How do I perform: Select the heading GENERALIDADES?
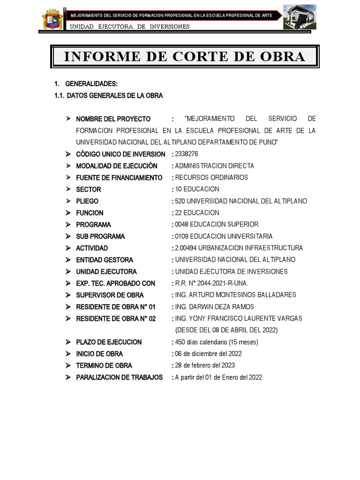(x=91, y=84)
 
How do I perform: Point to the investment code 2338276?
(x=187, y=154)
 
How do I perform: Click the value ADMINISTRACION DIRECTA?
(x=214, y=166)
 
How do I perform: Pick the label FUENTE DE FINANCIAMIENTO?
(x=119, y=178)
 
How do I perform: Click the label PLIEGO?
(x=87, y=201)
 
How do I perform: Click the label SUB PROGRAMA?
(x=100, y=236)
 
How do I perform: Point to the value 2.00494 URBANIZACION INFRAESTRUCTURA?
(x=239, y=248)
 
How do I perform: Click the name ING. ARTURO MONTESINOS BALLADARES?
(x=235, y=295)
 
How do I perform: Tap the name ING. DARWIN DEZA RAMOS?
(x=214, y=307)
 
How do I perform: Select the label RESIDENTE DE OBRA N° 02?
(x=115, y=318)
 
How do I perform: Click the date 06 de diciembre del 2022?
(x=208, y=353)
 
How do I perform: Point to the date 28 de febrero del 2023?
(x=205, y=365)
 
